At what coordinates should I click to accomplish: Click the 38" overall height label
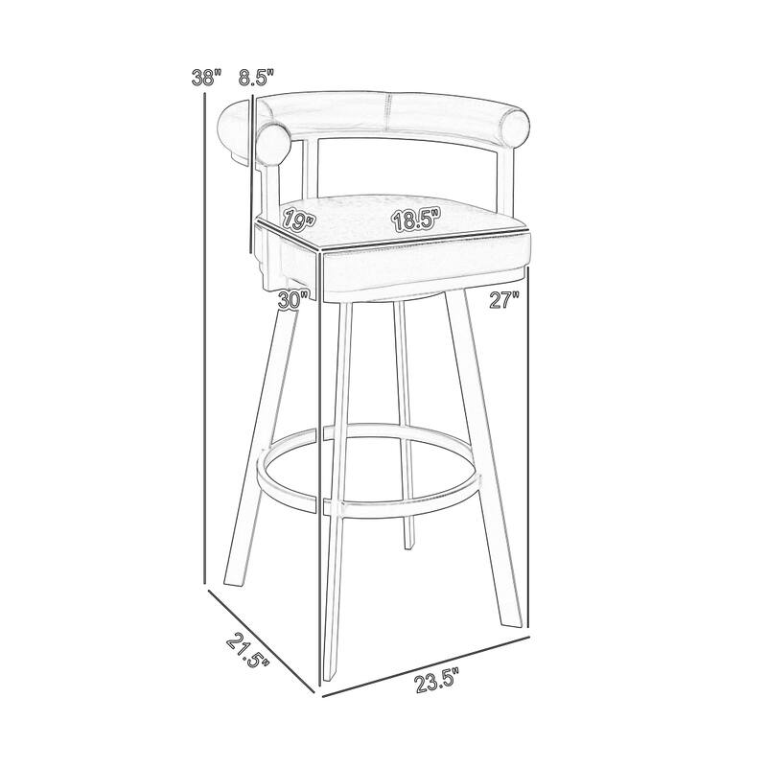205,79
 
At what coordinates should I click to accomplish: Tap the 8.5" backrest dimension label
258,79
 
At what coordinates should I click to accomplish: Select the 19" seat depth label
298,222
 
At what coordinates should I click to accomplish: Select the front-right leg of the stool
485,451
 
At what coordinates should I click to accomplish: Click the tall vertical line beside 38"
206,336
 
